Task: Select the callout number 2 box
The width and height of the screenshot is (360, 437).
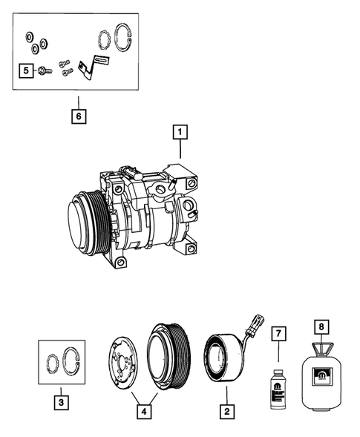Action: pyautogui.click(x=224, y=409)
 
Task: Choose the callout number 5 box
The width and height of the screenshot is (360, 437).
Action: pyautogui.click(x=26, y=71)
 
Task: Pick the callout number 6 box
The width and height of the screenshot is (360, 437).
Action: pyautogui.click(x=76, y=116)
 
